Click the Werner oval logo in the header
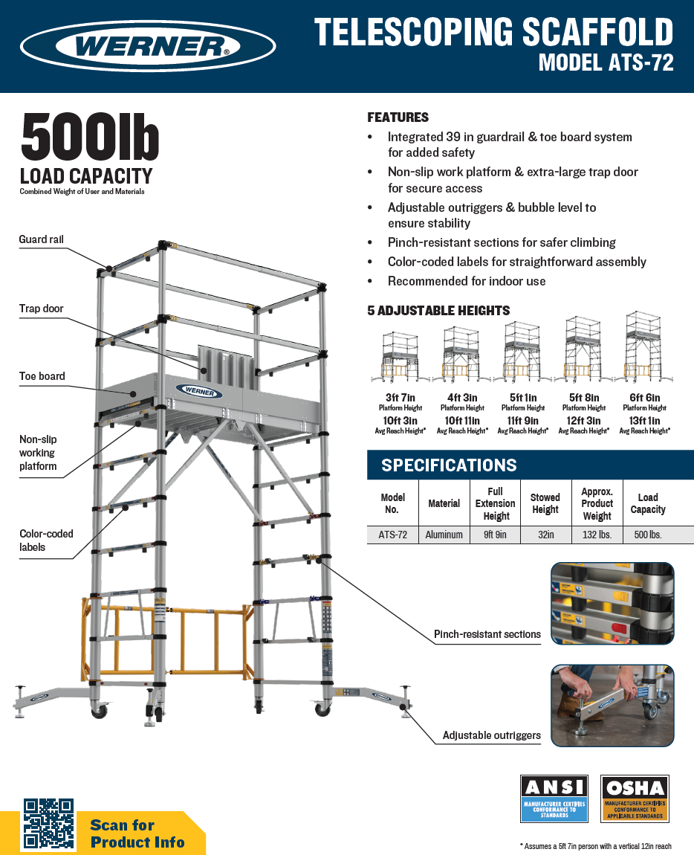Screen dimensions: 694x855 [148, 47]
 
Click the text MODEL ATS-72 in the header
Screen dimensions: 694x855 [606, 63]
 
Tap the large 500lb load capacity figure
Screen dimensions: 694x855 [90, 137]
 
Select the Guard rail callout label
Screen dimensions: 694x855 [42, 239]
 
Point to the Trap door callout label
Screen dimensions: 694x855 [42, 309]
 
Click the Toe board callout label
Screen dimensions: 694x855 [42, 376]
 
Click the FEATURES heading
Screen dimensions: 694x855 [398, 117]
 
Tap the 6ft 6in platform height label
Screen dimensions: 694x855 [644, 398]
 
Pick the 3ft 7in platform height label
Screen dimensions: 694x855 [401, 398]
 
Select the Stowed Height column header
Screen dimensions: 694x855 [545, 503]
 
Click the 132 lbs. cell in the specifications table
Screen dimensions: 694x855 [597, 535]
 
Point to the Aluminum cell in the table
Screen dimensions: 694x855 [444, 535]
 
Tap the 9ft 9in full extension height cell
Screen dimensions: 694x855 [496, 535]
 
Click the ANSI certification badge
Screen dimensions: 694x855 [554, 798]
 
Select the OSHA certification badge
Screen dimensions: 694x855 [634, 798]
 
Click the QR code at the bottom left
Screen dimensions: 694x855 [48, 824]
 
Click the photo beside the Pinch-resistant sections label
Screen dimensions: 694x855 [612, 603]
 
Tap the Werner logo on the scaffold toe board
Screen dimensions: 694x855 [199, 391]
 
